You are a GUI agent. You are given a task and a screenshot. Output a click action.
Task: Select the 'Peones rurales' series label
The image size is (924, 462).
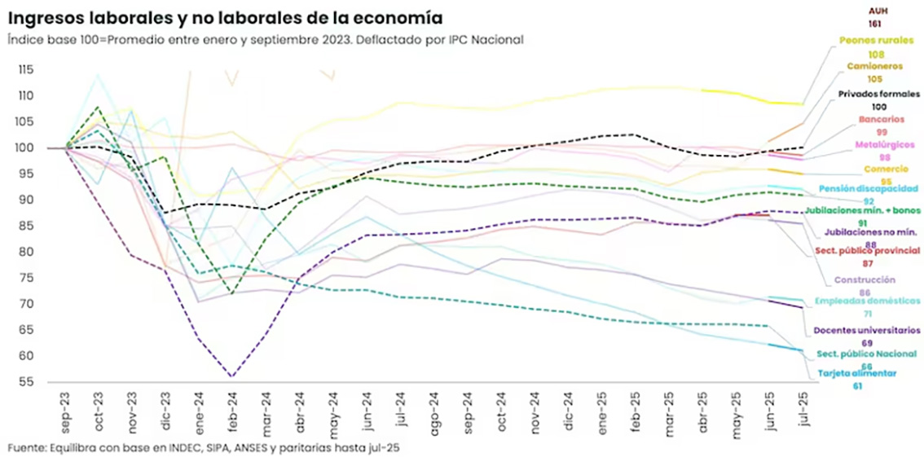coord(876,40)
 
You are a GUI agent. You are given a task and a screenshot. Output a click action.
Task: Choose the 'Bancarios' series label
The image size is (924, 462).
coord(881,119)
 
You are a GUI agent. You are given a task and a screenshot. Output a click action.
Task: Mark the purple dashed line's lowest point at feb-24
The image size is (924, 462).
coord(232,376)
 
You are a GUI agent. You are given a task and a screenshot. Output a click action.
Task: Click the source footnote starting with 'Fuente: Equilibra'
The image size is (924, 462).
coord(204,448)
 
